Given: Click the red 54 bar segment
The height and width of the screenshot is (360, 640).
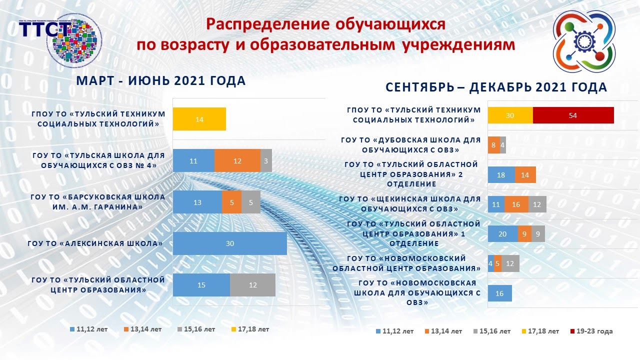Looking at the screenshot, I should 573,115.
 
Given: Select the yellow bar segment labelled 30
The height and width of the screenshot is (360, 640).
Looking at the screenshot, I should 510,115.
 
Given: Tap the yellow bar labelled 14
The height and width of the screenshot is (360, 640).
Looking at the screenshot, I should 199,119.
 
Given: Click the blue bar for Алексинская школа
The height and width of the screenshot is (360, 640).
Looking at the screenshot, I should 229,243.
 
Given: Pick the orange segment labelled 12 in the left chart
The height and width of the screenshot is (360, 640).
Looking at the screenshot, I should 237,160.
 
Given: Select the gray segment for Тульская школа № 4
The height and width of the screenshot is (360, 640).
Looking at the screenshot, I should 266,160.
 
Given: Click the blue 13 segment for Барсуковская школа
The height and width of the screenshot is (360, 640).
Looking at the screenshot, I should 197,202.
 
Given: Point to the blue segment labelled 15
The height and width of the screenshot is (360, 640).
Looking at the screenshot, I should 201,285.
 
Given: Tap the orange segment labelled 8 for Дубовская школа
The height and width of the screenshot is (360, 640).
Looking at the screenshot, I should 493,145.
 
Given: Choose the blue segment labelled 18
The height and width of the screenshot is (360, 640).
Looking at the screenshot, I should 501,175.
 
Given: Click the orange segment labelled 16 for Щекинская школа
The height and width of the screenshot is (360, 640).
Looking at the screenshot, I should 516,204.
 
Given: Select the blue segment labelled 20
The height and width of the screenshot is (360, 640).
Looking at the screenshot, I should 502,234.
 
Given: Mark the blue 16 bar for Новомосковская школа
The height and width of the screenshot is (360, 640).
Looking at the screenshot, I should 499,293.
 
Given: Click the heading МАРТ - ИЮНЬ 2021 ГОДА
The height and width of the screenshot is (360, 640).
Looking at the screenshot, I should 160,81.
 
